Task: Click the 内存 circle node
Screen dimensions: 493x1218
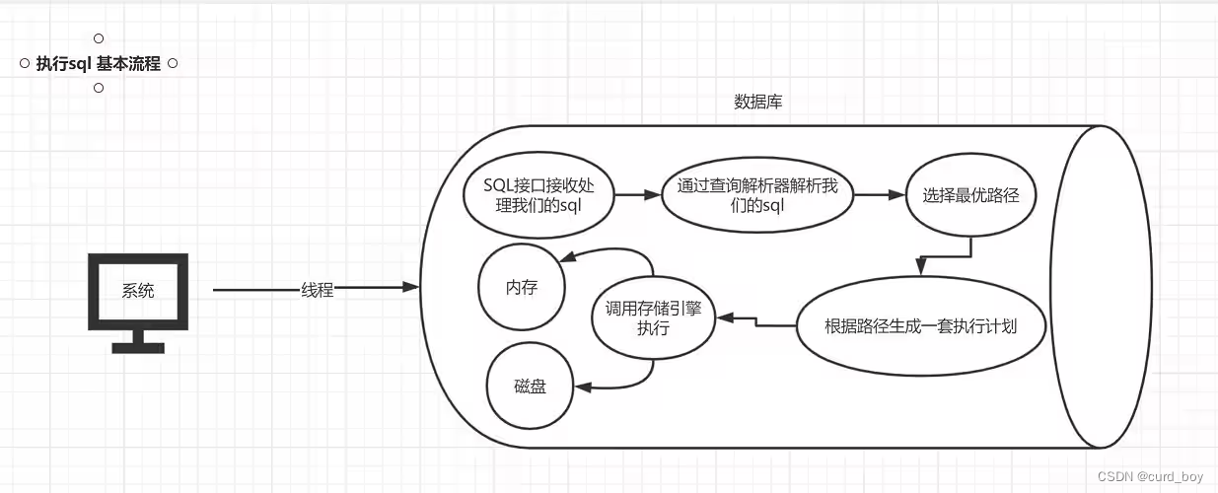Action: pyautogui.click(x=521, y=286)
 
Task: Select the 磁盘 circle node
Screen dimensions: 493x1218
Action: pyautogui.click(x=530, y=387)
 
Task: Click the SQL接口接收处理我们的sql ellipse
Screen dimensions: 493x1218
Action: pyautogui.click(x=538, y=195)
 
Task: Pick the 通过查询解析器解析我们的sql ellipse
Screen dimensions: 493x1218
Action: pyautogui.click(x=757, y=195)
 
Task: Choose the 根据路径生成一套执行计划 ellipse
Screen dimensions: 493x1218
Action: pyautogui.click(x=920, y=325)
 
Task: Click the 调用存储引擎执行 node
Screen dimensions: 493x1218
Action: pyautogui.click(x=654, y=317)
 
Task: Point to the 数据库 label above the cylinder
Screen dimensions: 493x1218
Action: pyautogui.click(x=758, y=102)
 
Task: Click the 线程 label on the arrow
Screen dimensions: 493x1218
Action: pyautogui.click(x=317, y=290)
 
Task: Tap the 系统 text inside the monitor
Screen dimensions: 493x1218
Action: pyautogui.click(x=138, y=291)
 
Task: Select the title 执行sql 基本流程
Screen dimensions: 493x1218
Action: pyautogui.click(x=98, y=64)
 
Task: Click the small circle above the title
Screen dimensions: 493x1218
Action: pyautogui.click(x=99, y=38)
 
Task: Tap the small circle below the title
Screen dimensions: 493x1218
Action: pyautogui.click(x=99, y=89)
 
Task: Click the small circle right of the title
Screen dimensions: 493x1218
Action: pyautogui.click(x=173, y=64)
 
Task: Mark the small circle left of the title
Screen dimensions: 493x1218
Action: pyautogui.click(x=25, y=64)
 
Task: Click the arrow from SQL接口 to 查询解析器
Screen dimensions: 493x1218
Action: pyautogui.click(x=638, y=195)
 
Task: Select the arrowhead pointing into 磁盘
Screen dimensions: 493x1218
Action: pyautogui.click(x=583, y=387)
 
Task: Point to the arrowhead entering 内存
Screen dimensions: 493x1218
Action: pyautogui.click(x=569, y=259)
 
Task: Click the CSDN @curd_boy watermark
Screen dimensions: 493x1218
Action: pyautogui.click(x=1151, y=477)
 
